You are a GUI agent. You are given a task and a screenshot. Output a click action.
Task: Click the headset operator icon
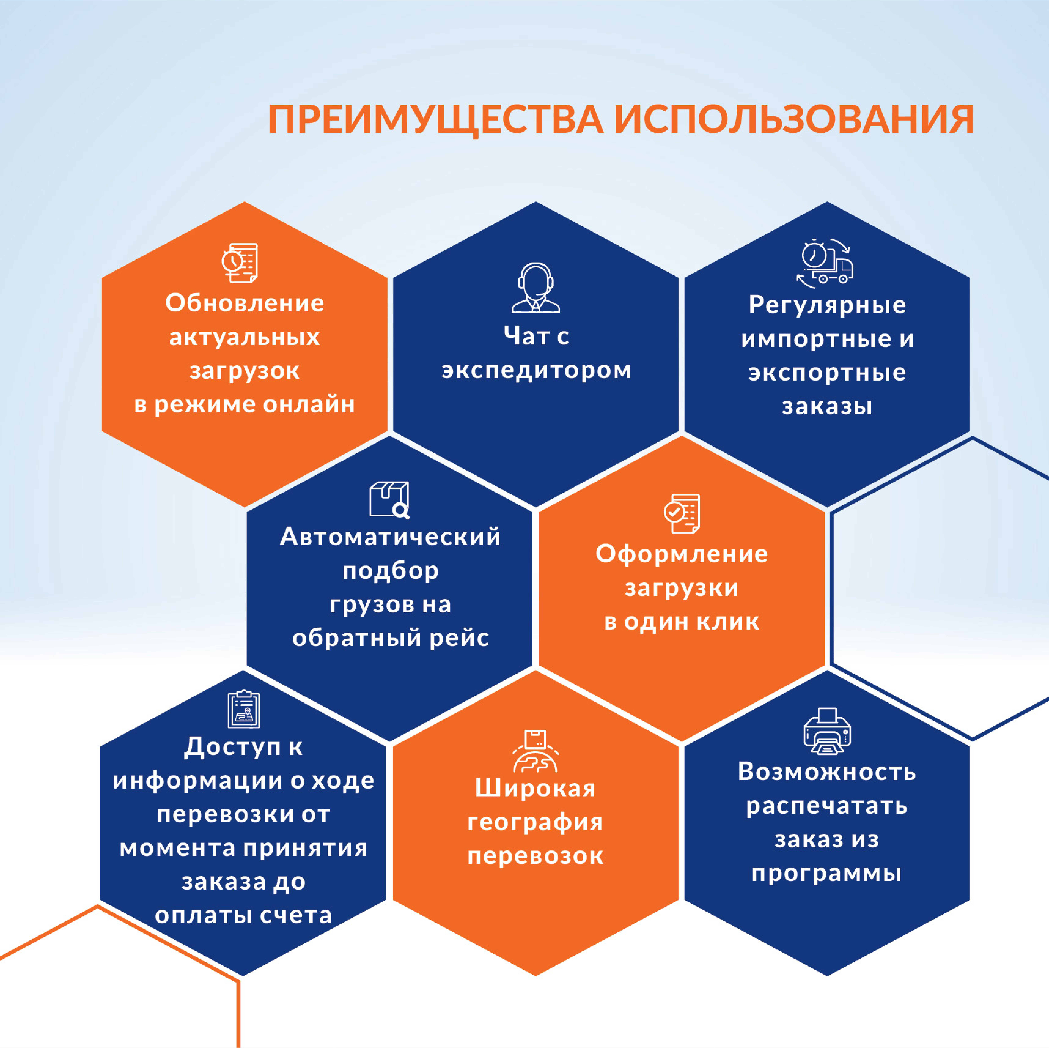click(x=535, y=288)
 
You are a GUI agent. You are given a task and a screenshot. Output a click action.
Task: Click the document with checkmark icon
click(x=682, y=514)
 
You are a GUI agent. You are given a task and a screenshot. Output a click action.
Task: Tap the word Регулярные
click(x=827, y=305)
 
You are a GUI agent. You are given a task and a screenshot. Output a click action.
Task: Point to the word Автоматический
click(x=390, y=537)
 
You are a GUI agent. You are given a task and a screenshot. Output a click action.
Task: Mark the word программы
click(x=827, y=874)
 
